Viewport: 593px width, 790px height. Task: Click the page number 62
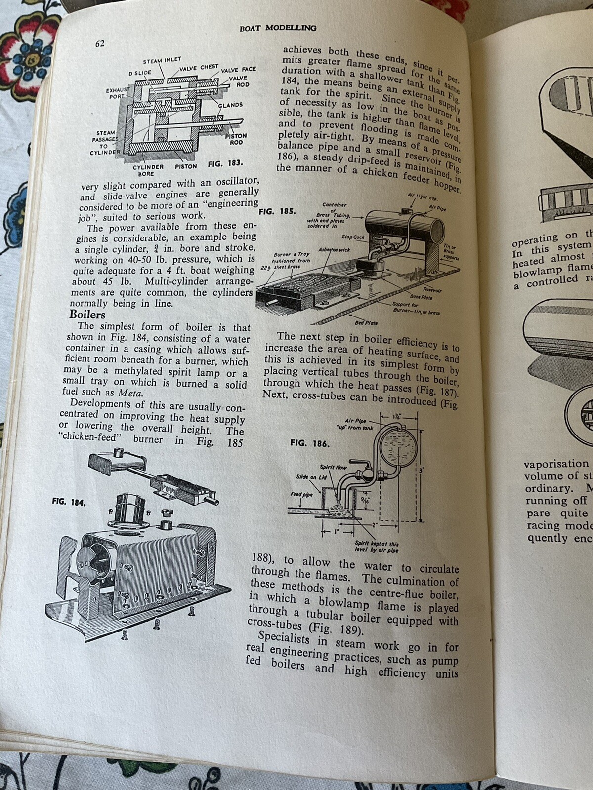pos(100,44)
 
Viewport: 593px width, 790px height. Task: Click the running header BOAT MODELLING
pos(278,28)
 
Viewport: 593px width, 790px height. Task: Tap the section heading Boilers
pos(87,315)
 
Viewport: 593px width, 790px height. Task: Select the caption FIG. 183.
pos(225,163)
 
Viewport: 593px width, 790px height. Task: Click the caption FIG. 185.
pos(277,211)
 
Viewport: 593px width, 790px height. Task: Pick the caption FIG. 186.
pos(309,443)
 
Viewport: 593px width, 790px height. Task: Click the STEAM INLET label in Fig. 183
pos(162,61)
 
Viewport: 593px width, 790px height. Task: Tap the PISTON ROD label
pos(236,139)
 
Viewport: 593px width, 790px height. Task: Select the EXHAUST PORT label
pos(118,93)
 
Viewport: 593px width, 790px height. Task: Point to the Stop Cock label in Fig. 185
pos(353,237)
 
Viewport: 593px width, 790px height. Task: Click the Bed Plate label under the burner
pos(366,323)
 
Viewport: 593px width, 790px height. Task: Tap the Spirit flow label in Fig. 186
pos(333,467)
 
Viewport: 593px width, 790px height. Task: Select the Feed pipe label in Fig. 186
pos(301,494)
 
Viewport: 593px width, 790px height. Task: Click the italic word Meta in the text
pos(130,393)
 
